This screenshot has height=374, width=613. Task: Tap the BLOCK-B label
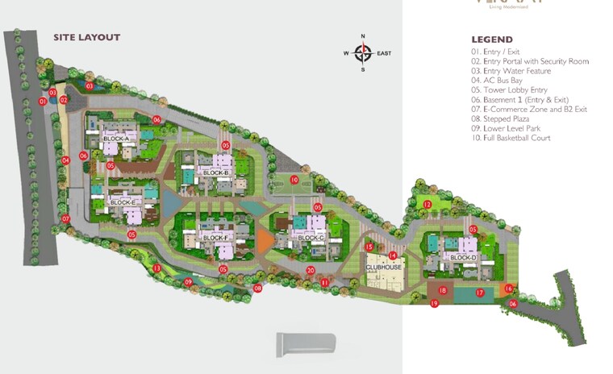tap(216, 173)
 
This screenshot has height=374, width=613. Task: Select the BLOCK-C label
tap(311, 238)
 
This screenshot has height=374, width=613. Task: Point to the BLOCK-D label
tap(464, 257)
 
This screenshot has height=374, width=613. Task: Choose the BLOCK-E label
tap(123, 202)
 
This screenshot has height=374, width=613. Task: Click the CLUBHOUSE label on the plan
tap(384, 267)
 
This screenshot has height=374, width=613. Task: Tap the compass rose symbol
tap(363, 53)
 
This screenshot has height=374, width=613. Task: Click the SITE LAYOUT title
tap(86, 37)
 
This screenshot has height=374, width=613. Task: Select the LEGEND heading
tap(492, 39)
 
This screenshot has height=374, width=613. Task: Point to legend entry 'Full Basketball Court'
tap(522, 138)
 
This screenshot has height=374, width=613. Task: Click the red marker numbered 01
tap(44, 102)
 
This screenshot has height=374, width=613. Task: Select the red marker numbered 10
tap(295, 180)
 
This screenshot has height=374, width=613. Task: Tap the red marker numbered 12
tap(427, 205)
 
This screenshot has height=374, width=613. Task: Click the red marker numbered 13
tap(157, 268)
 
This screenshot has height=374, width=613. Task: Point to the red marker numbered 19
tap(434, 303)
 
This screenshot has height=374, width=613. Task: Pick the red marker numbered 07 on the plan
tap(66, 218)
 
